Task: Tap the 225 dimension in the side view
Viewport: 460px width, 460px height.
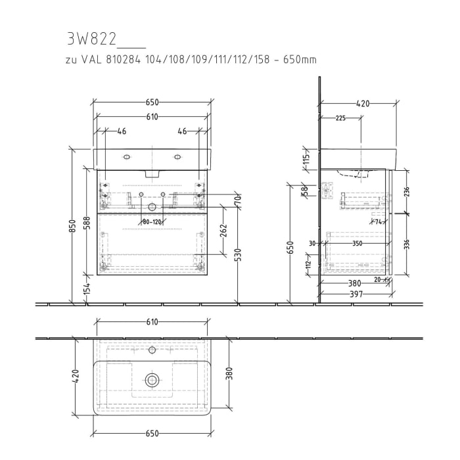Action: [340, 118]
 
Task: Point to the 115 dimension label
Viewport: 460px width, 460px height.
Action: [306, 160]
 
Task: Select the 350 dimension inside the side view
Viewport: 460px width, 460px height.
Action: [357, 243]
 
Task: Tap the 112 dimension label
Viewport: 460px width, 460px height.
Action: [308, 265]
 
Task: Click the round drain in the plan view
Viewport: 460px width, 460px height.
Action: [152, 380]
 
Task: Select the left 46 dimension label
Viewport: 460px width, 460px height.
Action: [121, 131]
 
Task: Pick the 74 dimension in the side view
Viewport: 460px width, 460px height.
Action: [379, 222]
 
